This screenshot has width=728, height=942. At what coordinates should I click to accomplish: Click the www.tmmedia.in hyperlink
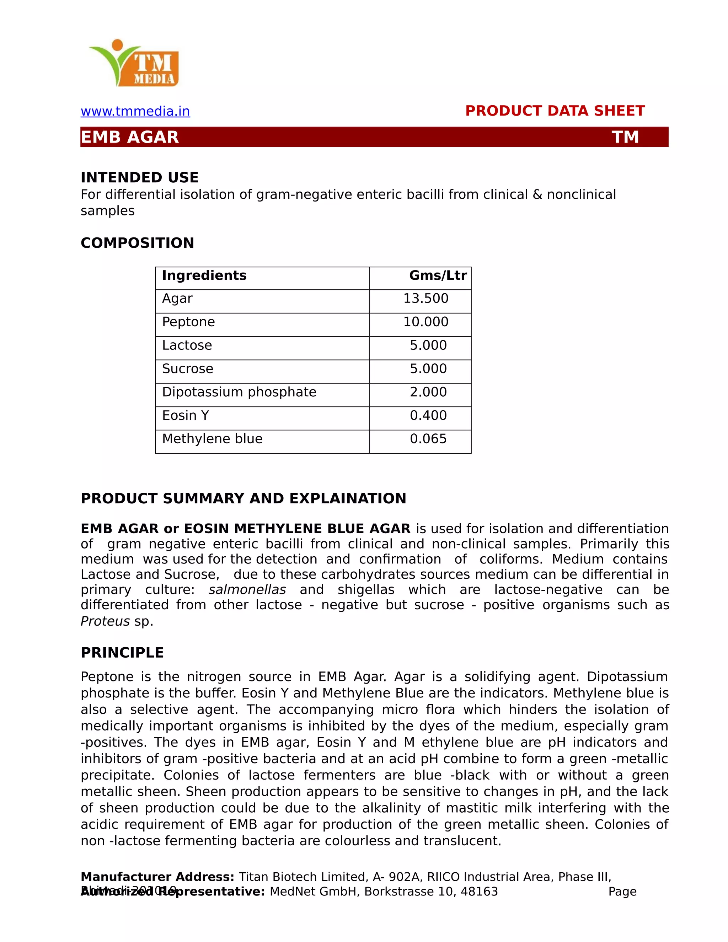click(135, 111)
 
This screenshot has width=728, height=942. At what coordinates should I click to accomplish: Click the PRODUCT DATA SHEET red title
click(555, 111)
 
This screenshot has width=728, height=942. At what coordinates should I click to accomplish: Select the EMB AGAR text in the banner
click(130, 137)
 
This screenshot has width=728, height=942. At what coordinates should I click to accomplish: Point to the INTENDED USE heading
click(139, 177)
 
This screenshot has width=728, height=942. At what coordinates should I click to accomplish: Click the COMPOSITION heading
click(137, 243)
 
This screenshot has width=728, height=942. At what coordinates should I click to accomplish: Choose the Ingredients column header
click(204, 275)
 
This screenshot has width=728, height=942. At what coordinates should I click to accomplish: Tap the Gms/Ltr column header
click(437, 275)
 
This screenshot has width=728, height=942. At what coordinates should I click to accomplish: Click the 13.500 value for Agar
click(425, 299)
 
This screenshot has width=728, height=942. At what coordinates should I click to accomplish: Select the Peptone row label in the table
click(188, 322)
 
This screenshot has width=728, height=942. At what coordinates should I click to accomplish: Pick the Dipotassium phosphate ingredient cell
click(239, 392)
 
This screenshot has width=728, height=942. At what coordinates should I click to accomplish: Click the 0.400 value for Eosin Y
click(428, 415)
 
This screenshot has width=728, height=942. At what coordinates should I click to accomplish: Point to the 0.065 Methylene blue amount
click(428, 439)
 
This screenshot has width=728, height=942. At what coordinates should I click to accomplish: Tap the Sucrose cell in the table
click(188, 369)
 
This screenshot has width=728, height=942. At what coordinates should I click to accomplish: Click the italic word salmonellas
click(247, 590)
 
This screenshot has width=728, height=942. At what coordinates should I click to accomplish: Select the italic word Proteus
click(105, 621)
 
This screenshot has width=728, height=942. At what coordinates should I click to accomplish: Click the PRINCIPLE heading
click(122, 653)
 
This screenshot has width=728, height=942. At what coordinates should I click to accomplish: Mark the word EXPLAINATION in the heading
click(348, 499)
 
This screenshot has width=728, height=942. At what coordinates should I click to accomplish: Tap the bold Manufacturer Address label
click(157, 877)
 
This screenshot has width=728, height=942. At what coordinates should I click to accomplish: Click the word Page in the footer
click(622, 892)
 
